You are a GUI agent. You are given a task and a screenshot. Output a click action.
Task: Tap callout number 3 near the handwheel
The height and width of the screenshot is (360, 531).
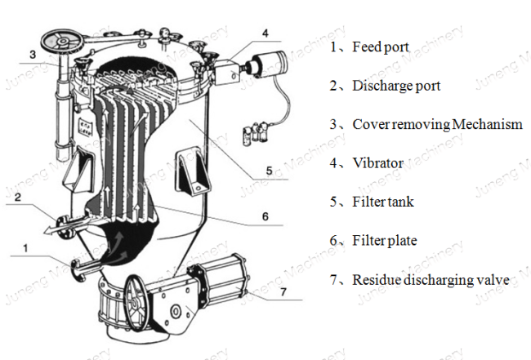pos(32,55)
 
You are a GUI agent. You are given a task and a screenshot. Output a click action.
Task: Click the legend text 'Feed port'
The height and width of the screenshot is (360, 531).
pos(380,47)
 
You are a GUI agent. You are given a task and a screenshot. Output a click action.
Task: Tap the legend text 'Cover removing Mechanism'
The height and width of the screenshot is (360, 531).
pos(436,124)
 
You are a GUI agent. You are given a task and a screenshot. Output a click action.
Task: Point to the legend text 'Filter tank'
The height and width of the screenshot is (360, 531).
pos(382,202)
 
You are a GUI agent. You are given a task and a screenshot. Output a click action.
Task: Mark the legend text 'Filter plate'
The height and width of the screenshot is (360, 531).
pos(383,241)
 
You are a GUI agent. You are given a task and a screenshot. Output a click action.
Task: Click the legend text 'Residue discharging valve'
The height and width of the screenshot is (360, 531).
pos(431,280)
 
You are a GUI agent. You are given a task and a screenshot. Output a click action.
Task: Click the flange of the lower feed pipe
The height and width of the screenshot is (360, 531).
pos(76,268)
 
